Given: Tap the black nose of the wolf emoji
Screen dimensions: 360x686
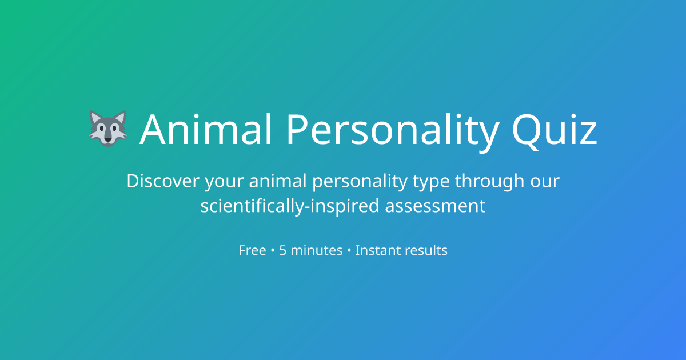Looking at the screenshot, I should click(108, 139).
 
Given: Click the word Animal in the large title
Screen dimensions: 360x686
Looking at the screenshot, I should click(206, 129).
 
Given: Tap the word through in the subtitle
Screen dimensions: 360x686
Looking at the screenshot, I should click(489, 182).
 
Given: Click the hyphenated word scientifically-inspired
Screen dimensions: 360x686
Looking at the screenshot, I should click(290, 206).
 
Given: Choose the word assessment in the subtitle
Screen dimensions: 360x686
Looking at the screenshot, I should click(435, 206).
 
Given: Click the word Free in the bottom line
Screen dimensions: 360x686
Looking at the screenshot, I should click(252, 250).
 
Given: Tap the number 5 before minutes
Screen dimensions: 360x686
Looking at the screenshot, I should click(283, 250).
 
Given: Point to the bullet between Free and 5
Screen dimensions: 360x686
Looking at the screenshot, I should click(273, 250).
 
